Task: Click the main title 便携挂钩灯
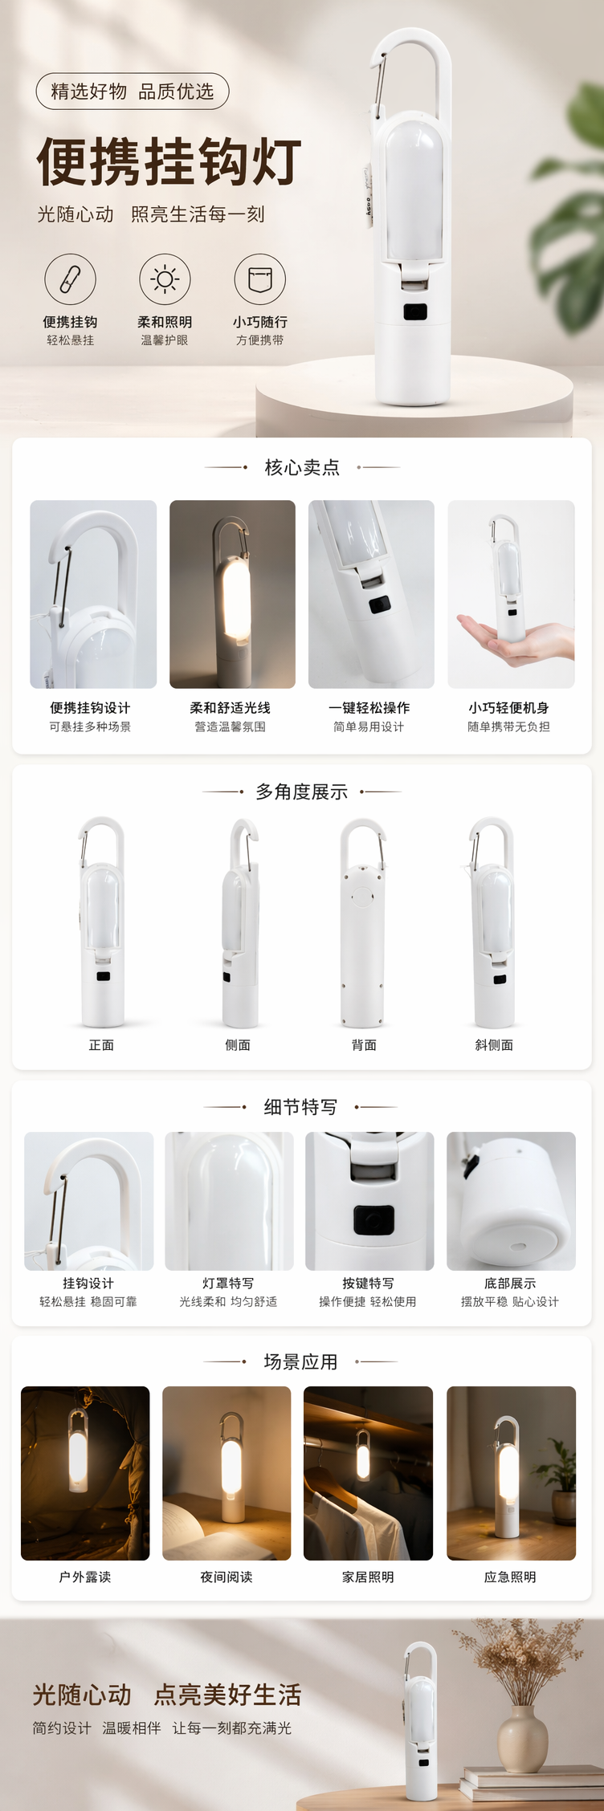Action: coord(169,161)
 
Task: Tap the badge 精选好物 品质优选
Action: coord(133,92)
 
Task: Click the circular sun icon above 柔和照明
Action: coord(165,279)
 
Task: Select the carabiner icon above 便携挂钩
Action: coord(70,279)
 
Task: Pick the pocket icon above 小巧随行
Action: coord(259,279)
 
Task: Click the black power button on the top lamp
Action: coord(415,311)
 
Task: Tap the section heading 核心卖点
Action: coord(302,467)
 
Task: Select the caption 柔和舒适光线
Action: coord(231,708)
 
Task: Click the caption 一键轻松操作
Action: coord(369,708)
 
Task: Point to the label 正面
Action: coord(101,1045)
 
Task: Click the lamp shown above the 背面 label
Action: coord(362,923)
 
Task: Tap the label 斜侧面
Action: coord(494,1045)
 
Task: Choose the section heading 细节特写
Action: coord(301,1107)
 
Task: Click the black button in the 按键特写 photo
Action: coord(373,1220)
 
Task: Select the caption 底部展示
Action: coord(510,1284)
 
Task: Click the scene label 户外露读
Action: coord(85,1577)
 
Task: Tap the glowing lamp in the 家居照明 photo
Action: coord(363,1454)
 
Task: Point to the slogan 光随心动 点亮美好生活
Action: coord(167,1695)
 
